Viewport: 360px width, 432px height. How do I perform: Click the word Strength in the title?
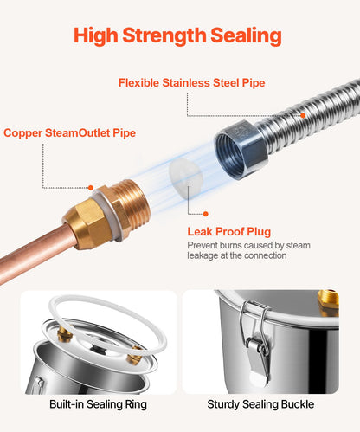pyautogui.click(x=164, y=36)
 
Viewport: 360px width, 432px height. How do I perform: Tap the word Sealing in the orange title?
pyautogui.click(x=246, y=36)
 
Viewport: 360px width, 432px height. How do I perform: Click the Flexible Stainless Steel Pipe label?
pyautogui.click(x=192, y=83)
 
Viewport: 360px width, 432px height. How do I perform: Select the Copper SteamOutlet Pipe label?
pyautogui.click(x=69, y=133)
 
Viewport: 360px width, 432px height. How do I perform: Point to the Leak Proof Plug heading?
pyautogui.click(x=229, y=232)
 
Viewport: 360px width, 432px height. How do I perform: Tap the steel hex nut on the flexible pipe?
pyautogui.click(x=241, y=150)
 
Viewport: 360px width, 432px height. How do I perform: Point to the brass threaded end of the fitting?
pyautogui.click(x=132, y=202)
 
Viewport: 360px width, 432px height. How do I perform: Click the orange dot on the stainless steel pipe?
pyautogui.click(x=303, y=115)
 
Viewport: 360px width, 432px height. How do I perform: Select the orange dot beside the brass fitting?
pyautogui.click(x=91, y=188)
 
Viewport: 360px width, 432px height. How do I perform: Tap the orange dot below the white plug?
pyautogui.click(x=205, y=214)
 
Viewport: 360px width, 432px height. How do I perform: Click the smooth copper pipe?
pyautogui.click(x=33, y=254)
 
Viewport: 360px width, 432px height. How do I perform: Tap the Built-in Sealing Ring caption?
pyautogui.click(x=98, y=404)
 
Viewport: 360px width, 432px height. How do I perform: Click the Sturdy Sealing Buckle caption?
pyautogui.click(x=260, y=404)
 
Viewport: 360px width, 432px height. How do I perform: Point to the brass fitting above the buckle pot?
pyautogui.click(x=328, y=303)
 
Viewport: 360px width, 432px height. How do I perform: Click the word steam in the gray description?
pyautogui.click(x=298, y=246)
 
